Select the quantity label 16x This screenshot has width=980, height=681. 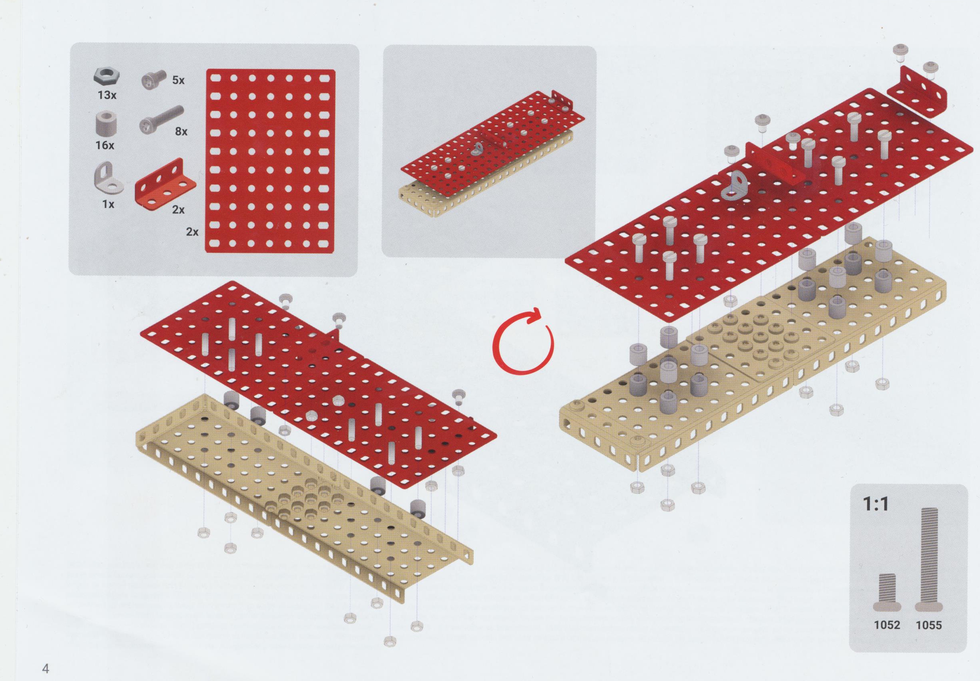click(x=105, y=145)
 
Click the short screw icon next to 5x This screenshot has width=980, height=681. click(x=153, y=80)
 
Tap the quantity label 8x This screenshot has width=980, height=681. click(x=181, y=131)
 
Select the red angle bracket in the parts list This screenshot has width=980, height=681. click(x=165, y=183)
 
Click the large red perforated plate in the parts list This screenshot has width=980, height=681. click(x=270, y=161)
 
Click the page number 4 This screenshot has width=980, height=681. click(x=46, y=668)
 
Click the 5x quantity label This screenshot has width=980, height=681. click(x=178, y=80)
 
